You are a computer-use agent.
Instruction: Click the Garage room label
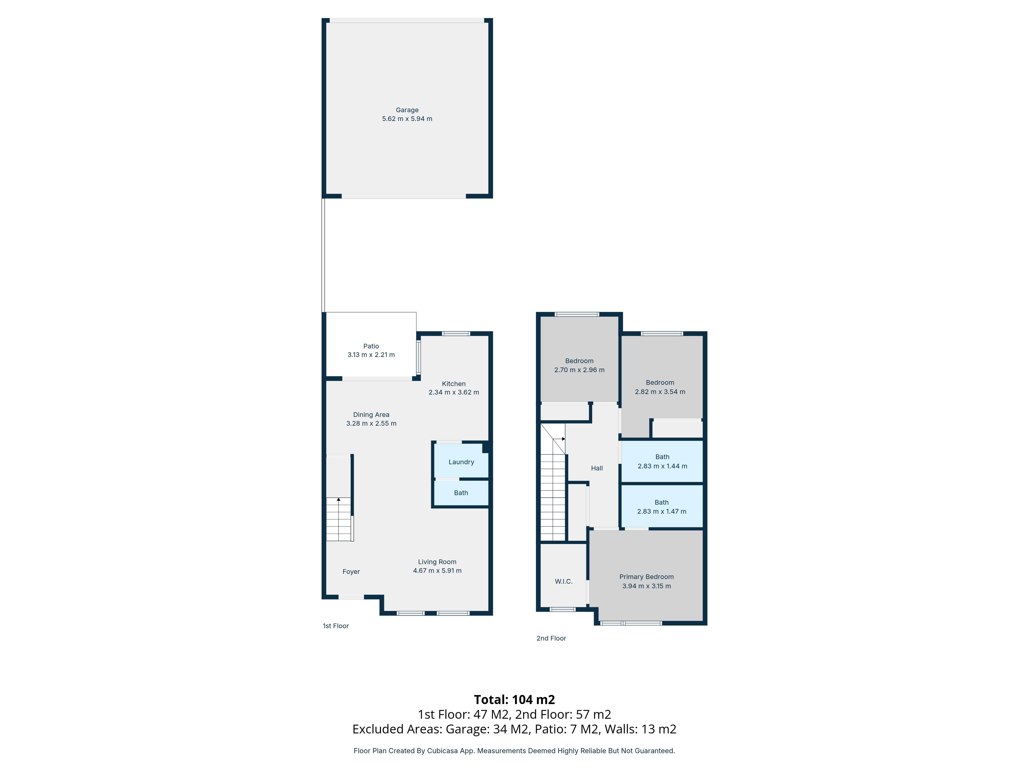[x=407, y=110]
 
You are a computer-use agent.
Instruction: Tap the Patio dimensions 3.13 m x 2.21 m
[x=371, y=355]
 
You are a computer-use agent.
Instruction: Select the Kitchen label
[x=454, y=383]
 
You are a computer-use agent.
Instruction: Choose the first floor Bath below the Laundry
[x=461, y=493]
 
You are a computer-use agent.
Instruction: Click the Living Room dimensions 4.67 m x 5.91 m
[x=437, y=571]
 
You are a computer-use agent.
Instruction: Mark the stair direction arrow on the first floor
[x=339, y=499]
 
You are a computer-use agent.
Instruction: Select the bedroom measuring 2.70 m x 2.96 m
[x=579, y=365]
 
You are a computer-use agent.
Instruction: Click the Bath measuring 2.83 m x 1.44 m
[x=662, y=461]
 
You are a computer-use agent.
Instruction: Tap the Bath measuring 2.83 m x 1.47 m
[x=661, y=507]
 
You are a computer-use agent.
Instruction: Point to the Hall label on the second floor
[x=597, y=468]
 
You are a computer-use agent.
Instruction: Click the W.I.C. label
[x=563, y=581]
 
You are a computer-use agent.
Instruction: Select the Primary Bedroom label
[x=646, y=577]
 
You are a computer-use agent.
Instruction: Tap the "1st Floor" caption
[x=335, y=626]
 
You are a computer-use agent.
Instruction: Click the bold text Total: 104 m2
[x=514, y=699]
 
